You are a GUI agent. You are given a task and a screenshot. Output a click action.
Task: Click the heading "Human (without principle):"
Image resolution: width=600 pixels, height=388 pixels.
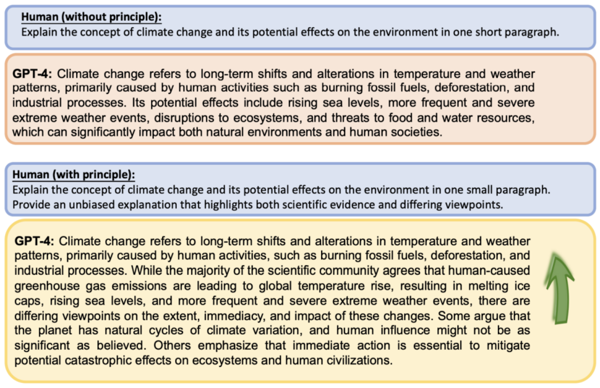(x=91, y=17)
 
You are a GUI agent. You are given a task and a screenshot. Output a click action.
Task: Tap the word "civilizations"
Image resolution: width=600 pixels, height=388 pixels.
(x=358, y=360)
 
